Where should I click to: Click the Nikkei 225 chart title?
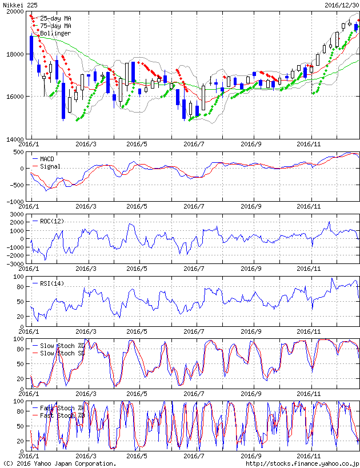coord(19,5)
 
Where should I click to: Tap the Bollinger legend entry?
coord(55,33)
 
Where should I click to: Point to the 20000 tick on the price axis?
coord(14,12)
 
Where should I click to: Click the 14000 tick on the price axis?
coord(14,139)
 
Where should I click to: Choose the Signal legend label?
coord(50,166)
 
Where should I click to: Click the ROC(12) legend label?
coord(52,221)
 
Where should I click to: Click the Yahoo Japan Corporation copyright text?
coord(59,463)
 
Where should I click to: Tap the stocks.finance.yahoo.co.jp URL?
coord(302,463)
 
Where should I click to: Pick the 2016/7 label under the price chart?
coord(195,144)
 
